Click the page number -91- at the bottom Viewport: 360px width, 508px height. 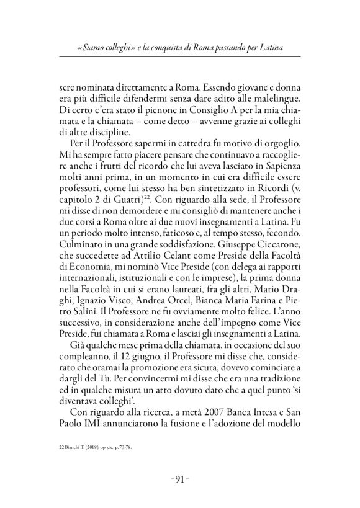[x=180, y=478]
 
